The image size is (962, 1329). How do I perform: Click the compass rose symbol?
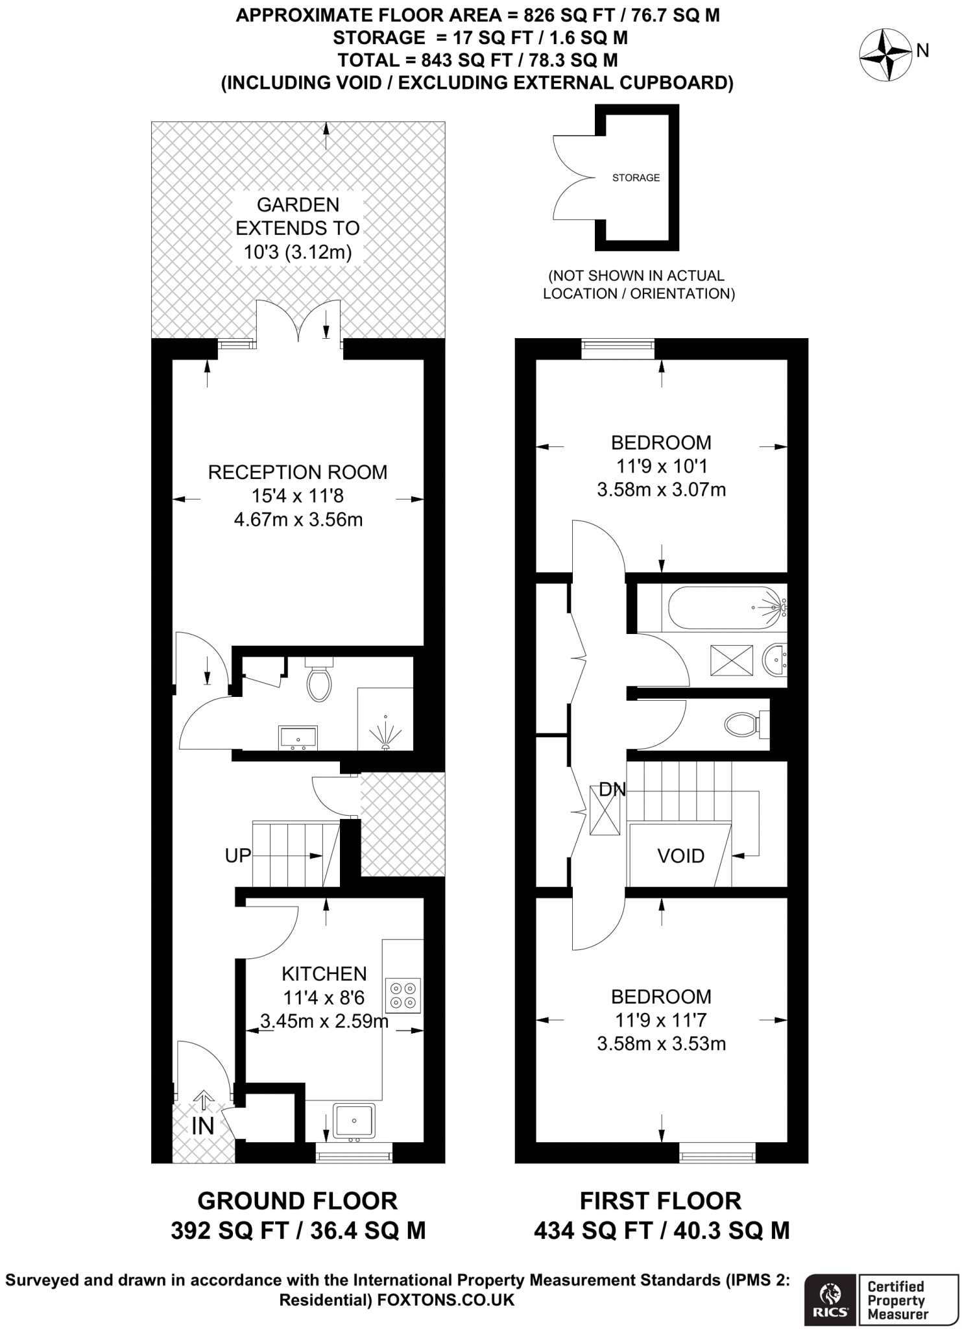point(886,55)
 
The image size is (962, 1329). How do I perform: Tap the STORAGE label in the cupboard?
point(636,177)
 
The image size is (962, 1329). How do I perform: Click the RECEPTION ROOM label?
point(298,472)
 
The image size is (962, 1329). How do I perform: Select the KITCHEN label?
point(324,973)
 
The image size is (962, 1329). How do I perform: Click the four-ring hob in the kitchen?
point(403,995)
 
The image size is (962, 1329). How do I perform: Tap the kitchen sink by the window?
point(354,1119)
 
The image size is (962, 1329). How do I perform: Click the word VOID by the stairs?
point(680,856)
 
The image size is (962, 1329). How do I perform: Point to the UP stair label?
point(237,855)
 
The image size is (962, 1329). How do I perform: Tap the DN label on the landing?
point(612,790)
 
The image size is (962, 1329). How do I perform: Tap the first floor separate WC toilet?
point(743,724)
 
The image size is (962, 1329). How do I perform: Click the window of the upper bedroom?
point(618,348)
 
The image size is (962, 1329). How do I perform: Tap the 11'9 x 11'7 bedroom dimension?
point(661,1020)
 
